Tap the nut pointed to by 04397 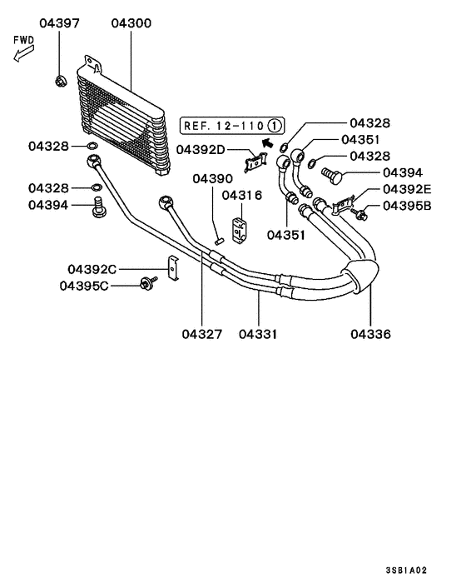click(61, 81)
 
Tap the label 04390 click(213, 178)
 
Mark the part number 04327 click(201, 334)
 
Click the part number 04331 click(258, 334)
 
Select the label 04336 click(370, 334)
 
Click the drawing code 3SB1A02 click(406, 571)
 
